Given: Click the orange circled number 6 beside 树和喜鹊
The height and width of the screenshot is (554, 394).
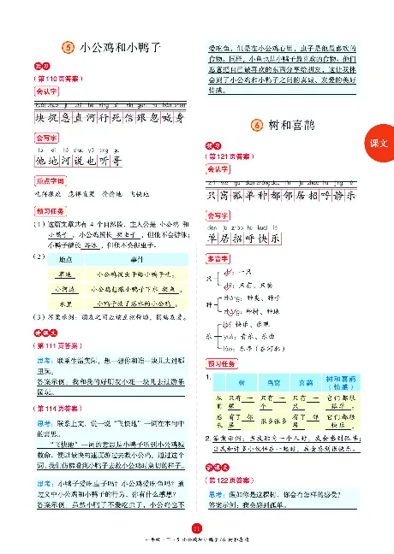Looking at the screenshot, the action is [258, 127].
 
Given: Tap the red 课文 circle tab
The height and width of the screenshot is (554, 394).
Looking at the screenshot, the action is [379, 147].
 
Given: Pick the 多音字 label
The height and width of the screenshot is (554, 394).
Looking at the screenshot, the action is [221, 257].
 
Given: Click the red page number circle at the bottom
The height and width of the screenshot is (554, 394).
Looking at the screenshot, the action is [197, 528].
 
